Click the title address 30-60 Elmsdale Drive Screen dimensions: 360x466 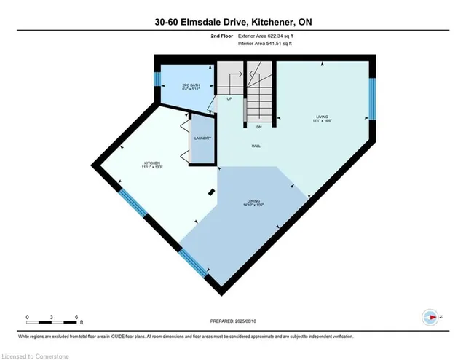click(x=232, y=23)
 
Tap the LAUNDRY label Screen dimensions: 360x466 click(x=202, y=138)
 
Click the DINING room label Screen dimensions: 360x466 click(x=253, y=203)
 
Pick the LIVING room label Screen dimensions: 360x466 click(x=322, y=118)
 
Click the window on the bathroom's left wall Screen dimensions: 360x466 click(x=157, y=79)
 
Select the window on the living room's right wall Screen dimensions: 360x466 click(x=371, y=98)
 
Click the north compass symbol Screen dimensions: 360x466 click(x=431, y=317)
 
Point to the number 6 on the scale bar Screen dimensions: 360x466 click(x=77, y=318)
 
